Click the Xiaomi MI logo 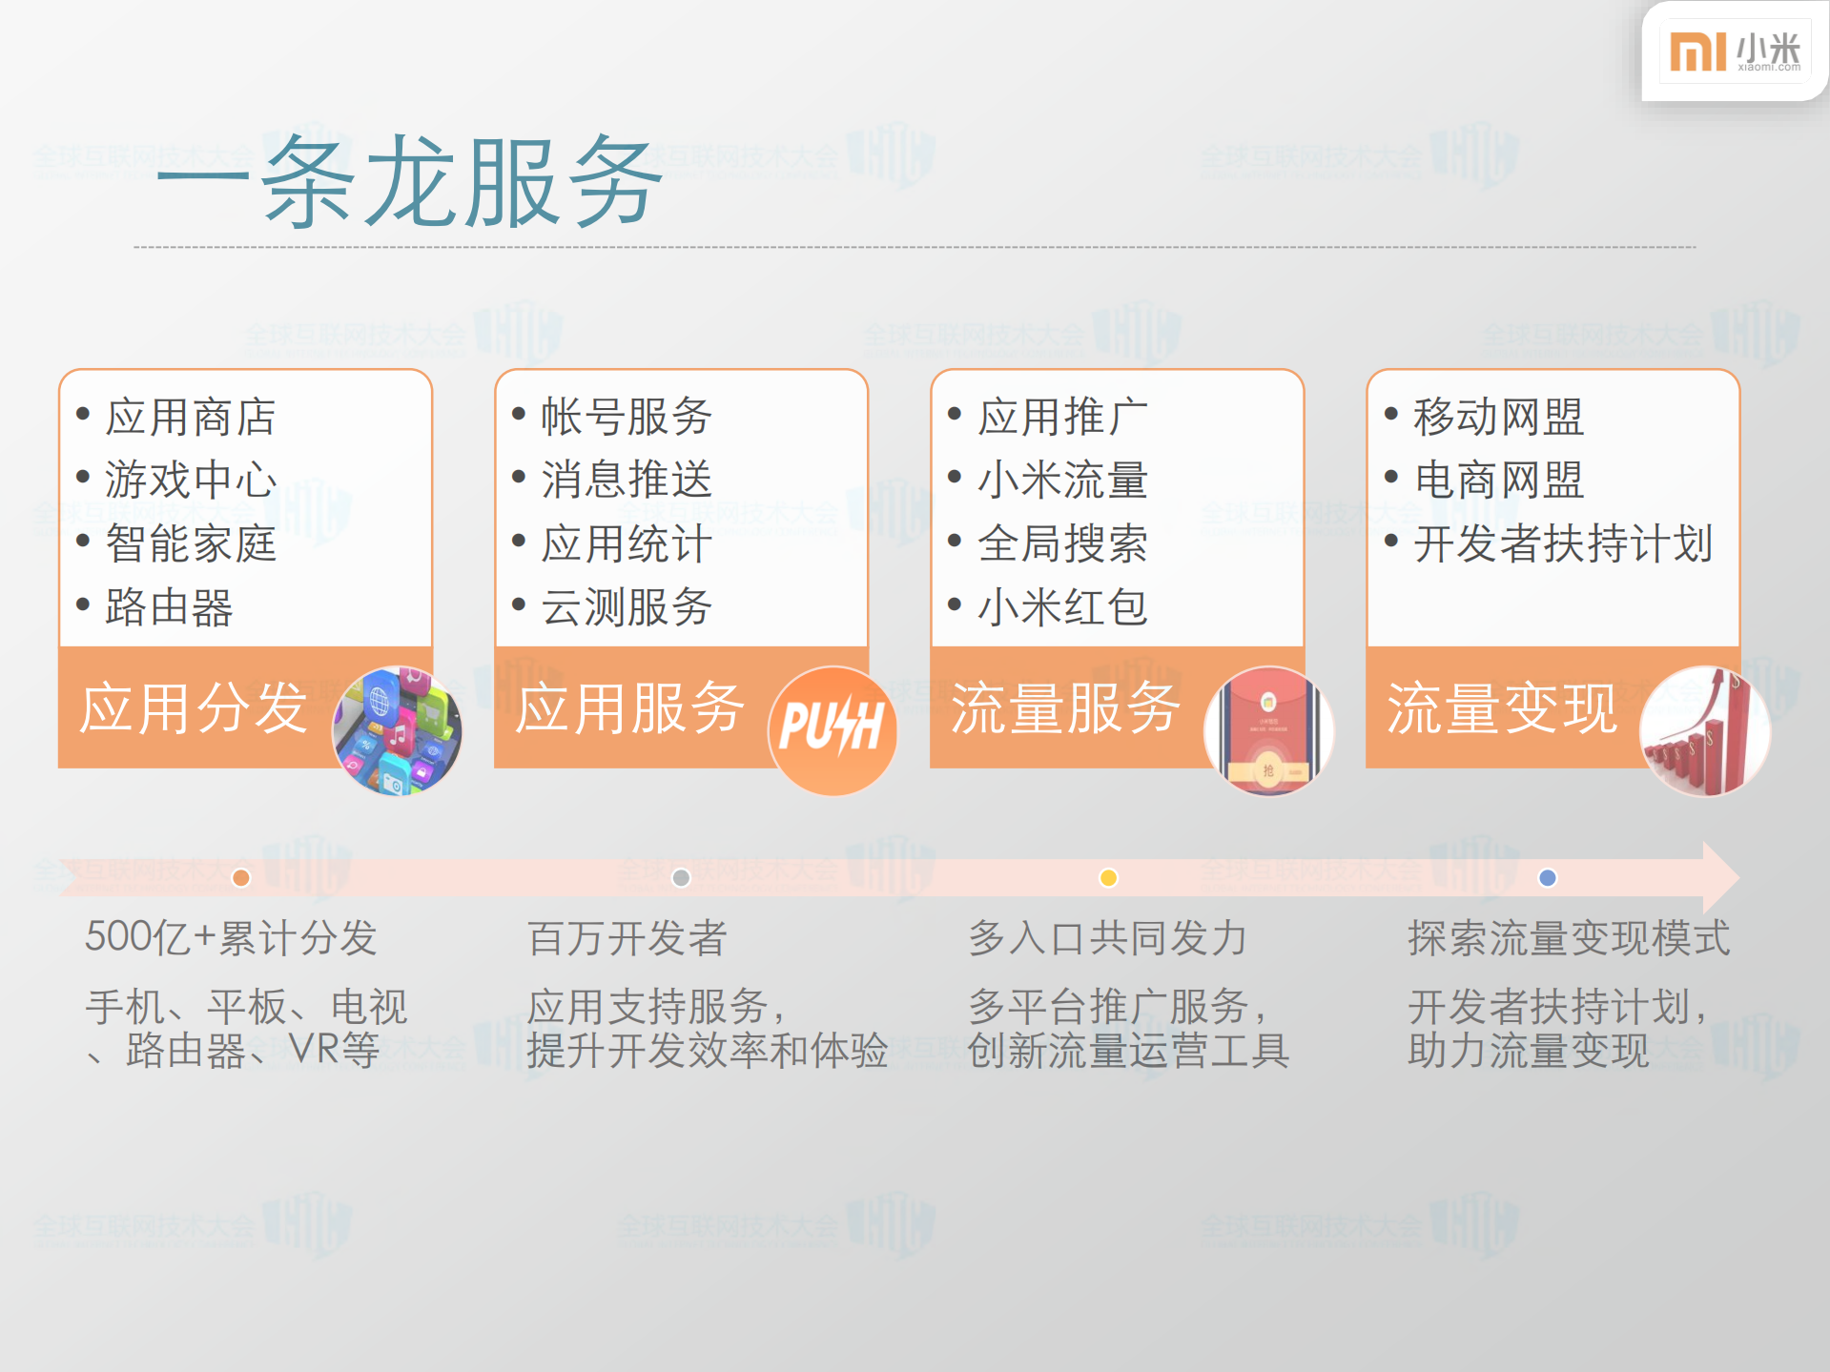pos(1698,51)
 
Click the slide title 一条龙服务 pos(410,181)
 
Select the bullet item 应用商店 pos(191,418)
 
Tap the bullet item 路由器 pos(169,607)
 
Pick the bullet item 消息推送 pos(627,480)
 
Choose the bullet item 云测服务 pos(627,607)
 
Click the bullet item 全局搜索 pos(1062,543)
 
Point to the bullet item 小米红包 pos(1062,607)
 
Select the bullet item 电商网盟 pos(1498,480)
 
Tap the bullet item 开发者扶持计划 pos(1563,543)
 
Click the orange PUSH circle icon pos(833,730)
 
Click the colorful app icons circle pos(398,730)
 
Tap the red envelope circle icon pos(1268,730)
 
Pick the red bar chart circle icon pos(1704,730)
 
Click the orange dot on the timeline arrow pos(241,878)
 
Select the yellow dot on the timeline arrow pos(1108,878)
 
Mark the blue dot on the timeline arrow pos(1548,878)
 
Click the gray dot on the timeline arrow pos(681,878)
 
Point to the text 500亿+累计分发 pos(231,938)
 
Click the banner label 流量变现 pos(1502,708)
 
